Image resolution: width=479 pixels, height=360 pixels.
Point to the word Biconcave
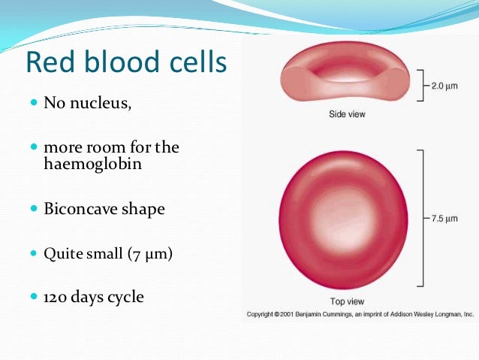(84, 209)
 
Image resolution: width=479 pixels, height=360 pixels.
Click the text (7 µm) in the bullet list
(150, 255)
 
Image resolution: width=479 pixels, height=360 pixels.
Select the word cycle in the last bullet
(124, 298)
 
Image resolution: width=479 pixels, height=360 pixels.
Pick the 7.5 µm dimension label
(444, 219)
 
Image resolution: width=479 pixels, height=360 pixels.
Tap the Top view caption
(344, 301)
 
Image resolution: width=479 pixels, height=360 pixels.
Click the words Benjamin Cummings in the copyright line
(329, 314)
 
